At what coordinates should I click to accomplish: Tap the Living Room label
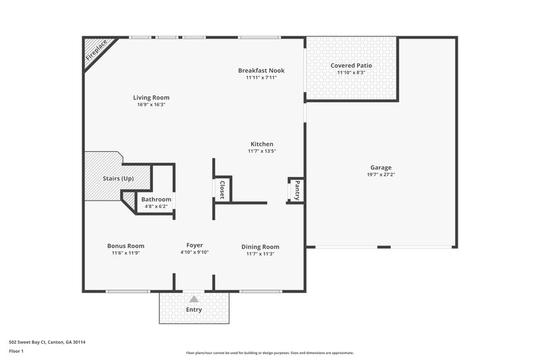pyautogui.click(x=151, y=97)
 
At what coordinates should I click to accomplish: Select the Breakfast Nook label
pyautogui.click(x=261, y=70)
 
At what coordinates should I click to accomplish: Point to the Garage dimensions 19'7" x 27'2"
pyautogui.click(x=380, y=175)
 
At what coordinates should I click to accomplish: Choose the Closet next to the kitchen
pyautogui.click(x=221, y=189)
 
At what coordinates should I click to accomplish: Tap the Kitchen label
pyautogui.click(x=262, y=144)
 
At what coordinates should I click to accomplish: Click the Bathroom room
pyautogui.click(x=156, y=202)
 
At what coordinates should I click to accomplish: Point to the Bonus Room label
pyautogui.click(x=126, y=246)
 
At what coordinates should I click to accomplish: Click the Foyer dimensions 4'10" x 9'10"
pyautogui.click(x=194, y=253)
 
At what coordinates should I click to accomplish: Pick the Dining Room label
pyautogui.click(x=261, y=247)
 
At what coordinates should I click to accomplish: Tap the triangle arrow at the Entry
pyautogui.click(x=194, y=298)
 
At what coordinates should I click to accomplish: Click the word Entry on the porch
pyautogui.click(x=194, y=310)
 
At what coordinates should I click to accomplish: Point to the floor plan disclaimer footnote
pyautogui.click(x=269, y=353)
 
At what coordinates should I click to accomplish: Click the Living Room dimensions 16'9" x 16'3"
pyautogui.click(x=151, y=105)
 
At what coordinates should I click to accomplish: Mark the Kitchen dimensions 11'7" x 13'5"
pyautogui.click(x=262, y=151)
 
